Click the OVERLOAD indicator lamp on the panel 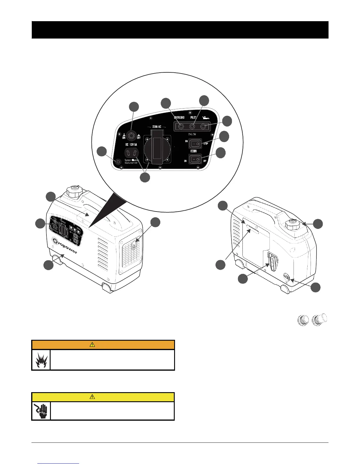click(x=180, y=127)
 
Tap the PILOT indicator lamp click(x=192, y=127)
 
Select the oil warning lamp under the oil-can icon click(x=203, y=127)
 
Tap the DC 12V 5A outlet click(x=131, y=153)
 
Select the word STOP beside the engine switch click(x=206, y=144)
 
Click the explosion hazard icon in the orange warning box click(x=41, y=360)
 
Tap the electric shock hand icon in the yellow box click(x=41, y=410)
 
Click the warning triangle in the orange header click(x=92, y=345)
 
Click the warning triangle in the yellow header click(x=92, y=397)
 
